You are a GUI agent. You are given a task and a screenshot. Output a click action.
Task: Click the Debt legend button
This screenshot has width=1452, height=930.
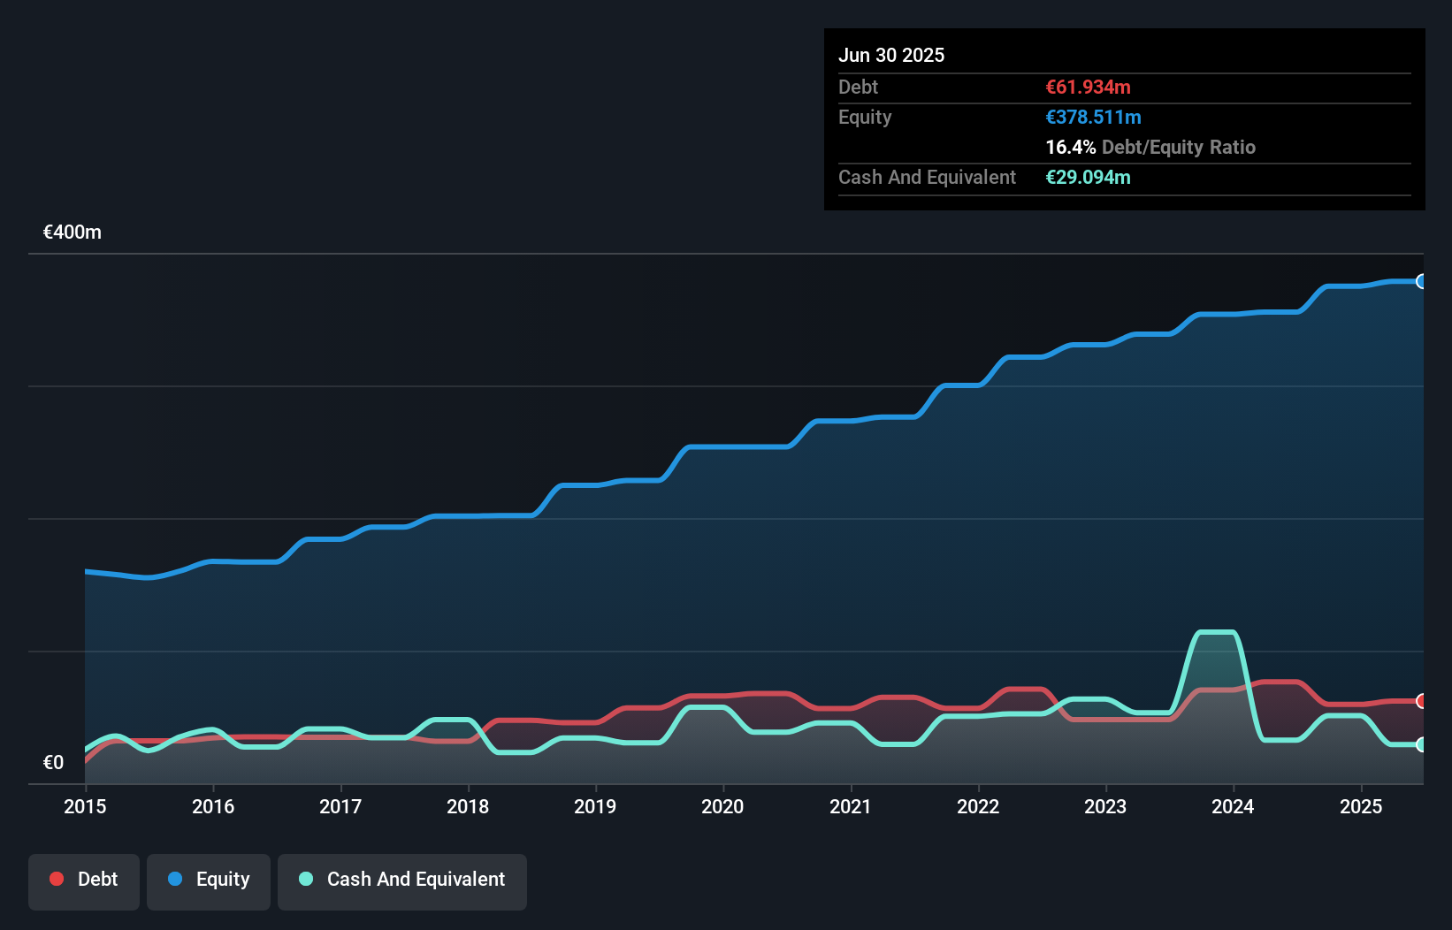pos(84,880)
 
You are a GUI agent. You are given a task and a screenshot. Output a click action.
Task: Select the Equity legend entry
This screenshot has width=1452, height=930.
pos(209,880)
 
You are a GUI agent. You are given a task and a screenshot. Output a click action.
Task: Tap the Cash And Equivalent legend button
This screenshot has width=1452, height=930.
pos(402,880)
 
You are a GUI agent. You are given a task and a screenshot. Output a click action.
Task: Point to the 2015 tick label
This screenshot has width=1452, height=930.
pos(85,806)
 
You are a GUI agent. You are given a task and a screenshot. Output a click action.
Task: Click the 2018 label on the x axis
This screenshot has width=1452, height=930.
pos(468,806)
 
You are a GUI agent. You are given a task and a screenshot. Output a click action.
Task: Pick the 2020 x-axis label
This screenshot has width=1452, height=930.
pos(722,806)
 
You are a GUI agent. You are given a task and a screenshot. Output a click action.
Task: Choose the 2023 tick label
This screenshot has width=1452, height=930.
pos(1105,806)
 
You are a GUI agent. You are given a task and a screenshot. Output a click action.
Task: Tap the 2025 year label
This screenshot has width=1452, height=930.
pos(1360,806)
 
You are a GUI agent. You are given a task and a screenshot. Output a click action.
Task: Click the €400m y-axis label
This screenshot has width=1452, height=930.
pos(73,232)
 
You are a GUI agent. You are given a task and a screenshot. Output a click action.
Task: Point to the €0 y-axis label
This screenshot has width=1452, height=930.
pos(53,762)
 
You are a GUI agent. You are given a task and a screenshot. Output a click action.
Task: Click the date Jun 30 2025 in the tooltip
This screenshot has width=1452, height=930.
pos(891,55)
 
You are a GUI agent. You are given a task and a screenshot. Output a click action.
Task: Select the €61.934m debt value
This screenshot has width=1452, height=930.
pos(1088,87)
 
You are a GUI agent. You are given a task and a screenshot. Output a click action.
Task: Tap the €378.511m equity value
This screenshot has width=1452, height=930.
pos(1093,117)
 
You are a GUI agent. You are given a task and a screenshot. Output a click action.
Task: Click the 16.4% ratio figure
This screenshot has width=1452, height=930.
pos(1070,147)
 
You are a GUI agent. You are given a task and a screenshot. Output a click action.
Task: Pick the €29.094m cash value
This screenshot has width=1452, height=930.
pos(1088,177)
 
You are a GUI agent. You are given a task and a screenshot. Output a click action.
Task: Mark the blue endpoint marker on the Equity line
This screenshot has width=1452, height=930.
pos(1422,281)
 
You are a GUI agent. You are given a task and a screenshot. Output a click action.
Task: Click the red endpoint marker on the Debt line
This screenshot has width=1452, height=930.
pos(1422,701)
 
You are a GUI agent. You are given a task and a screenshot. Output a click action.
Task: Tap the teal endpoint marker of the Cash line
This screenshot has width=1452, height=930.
pos(1422,744)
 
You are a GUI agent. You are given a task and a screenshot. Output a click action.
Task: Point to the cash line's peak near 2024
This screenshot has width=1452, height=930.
pos(1215,632)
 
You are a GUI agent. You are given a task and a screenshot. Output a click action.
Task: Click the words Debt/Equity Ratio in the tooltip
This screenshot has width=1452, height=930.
pos(1178,147)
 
